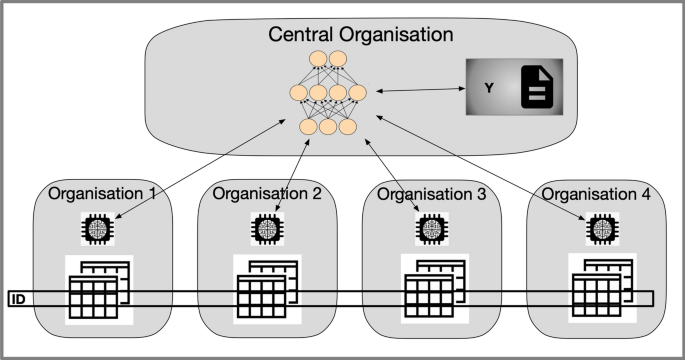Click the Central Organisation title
click(361, 35)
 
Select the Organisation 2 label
click(266, 194)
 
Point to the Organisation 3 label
click(430, 194)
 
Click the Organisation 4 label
click(597, 194)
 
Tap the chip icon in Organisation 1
click(99, 230)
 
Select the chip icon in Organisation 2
click(266, 230)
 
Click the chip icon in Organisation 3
click(431, 230)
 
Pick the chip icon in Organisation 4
click(600, 230)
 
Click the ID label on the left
click(17, 299)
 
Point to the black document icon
click(537, 89)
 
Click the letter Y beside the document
click(489, 89)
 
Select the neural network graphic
click(324, 93)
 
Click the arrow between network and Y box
click(410, 92)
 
